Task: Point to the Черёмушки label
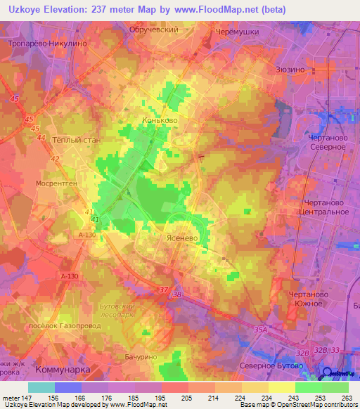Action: (238, 32)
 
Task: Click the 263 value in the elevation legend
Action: (345, 397)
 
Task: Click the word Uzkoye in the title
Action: (23, 9)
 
